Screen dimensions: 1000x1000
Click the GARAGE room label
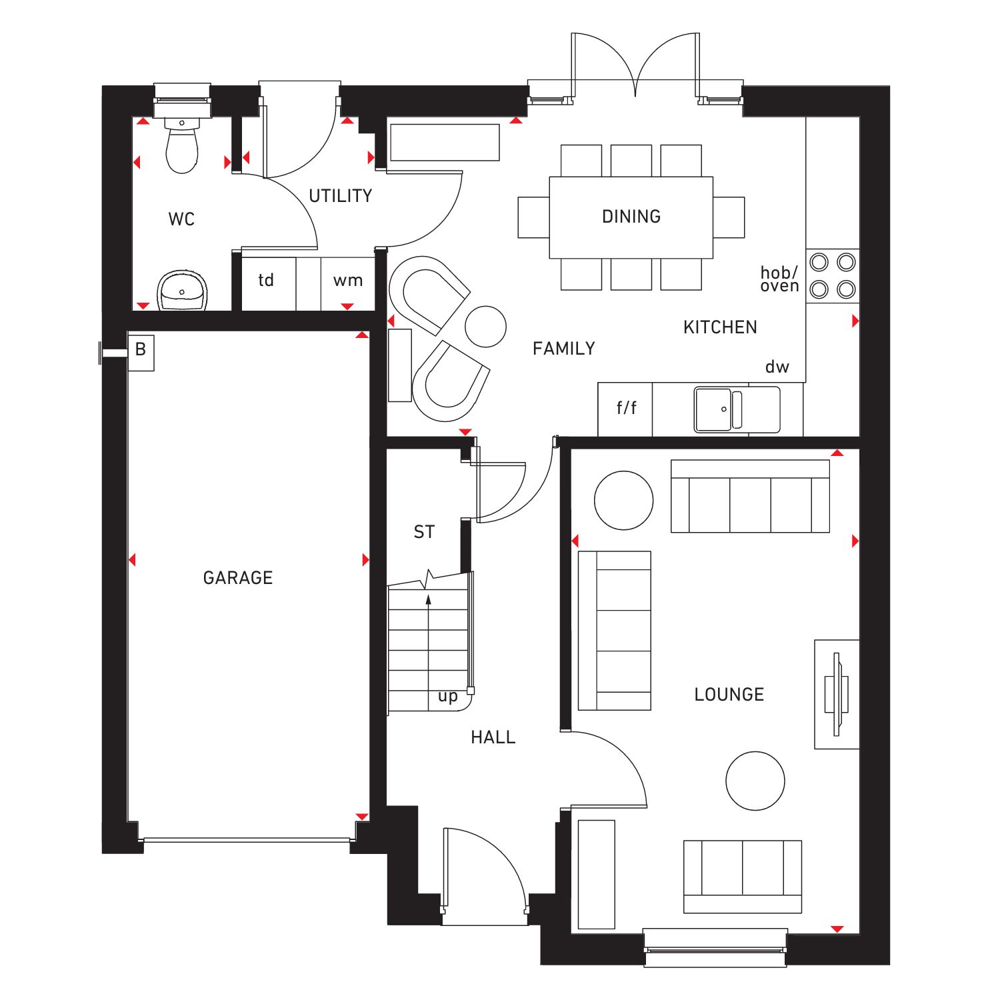coord(238,577)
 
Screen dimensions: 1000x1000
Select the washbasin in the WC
coord(182,291)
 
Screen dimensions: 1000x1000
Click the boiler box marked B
coord(141,349)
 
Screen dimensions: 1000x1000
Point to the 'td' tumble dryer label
coord(266,280)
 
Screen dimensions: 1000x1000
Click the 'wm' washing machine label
coord(348,281)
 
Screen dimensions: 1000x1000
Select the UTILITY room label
coord(340,196)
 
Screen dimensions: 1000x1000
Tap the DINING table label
coord(631,217)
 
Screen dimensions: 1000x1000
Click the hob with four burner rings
coord(833,276)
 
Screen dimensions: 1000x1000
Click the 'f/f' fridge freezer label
coord(626,407)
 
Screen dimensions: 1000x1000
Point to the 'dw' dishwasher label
coord(777,367)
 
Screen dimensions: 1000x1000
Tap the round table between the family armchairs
coord(485,327)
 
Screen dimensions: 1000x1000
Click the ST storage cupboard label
coord(424,532)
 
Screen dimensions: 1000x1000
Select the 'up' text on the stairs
coord(448,697)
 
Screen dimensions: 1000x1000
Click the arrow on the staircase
coord(429,600)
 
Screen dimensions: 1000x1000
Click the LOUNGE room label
coord(729,695)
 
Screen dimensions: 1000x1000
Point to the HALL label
coord(493,737)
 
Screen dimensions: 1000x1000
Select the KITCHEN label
coord(720,327)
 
